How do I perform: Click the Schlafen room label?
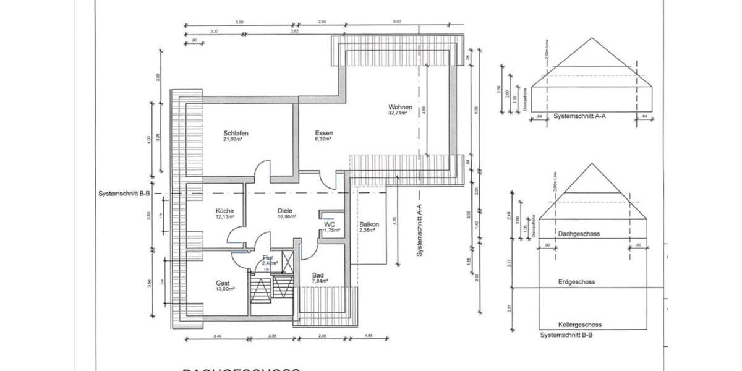(236, 133)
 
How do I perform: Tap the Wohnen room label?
(400, 106)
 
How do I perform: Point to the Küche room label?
(225, 211)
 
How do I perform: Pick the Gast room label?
(223, 283)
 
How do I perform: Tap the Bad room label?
(318, 275)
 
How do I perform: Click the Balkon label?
(369, 224)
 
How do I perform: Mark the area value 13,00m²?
(224, 289)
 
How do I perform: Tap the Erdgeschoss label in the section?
(576, 281)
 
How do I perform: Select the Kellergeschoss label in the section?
(579, 324)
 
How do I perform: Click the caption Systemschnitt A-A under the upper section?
(579, 116)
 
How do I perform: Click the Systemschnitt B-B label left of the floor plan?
(124, 194)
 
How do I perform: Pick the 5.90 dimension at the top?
(239, 22)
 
